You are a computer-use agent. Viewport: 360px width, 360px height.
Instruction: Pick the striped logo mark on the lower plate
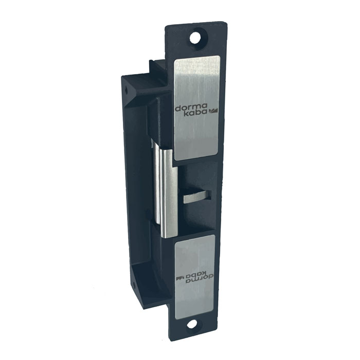(180, 279)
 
